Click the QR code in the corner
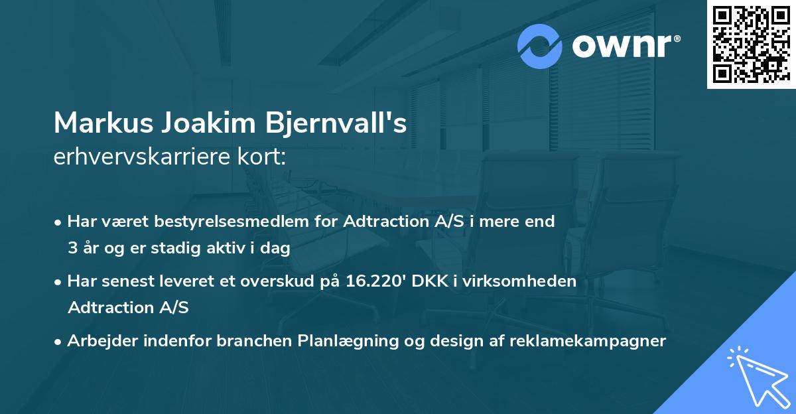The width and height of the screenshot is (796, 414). [751, 44]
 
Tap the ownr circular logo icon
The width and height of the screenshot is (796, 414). [540, 46]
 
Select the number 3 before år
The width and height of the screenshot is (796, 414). [72, 248]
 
